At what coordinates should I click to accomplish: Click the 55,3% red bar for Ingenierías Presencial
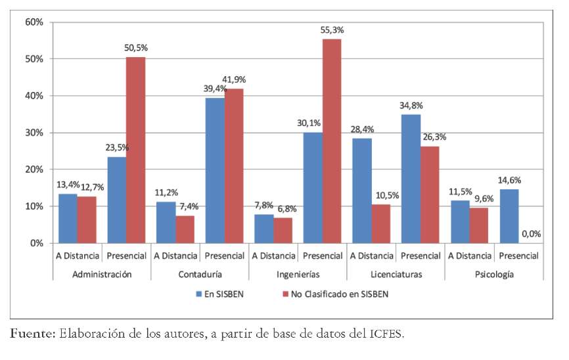point(332,141)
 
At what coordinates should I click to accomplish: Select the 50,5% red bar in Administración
point(136,150)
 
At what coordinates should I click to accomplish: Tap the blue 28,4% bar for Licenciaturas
point(361,191)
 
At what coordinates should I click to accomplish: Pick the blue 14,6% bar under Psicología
point(509,216)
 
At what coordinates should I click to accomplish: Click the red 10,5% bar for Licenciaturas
point(380,223)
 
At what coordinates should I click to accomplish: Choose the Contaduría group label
point(200,273)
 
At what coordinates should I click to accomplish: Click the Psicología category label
point(494,273)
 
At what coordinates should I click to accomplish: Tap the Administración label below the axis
point(102,273)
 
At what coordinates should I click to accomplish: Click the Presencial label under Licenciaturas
point(421,256)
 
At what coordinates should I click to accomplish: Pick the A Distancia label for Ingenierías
point(274,256)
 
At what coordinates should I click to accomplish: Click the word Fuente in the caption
point(32,335)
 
